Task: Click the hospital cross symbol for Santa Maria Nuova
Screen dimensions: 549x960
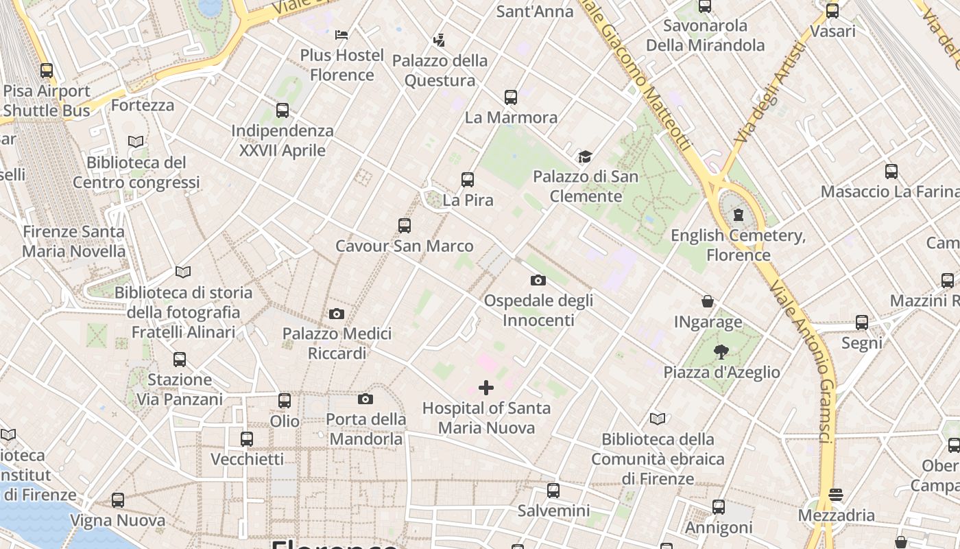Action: coord(486,388)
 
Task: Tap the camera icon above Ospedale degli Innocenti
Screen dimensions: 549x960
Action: coord(538,280)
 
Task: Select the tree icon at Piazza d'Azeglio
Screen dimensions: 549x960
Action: coord(721,353)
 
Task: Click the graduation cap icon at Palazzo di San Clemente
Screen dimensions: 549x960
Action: coord(584,157)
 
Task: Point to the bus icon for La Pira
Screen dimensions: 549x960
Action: coord(468,180)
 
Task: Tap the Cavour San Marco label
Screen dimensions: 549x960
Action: coord(404,246)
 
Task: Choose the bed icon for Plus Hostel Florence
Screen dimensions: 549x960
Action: coord(341,34)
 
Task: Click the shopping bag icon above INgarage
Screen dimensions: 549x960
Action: coord(708,301)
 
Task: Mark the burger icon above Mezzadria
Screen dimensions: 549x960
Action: coord(835,495)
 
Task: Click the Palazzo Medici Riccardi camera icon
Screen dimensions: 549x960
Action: coord(336,314)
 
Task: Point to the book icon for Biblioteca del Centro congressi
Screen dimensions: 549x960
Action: coord(136,142)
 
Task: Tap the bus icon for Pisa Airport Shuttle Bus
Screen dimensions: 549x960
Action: coord(47,70)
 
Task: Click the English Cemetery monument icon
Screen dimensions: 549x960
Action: coord(738,215)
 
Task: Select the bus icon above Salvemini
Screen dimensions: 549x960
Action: coord(553,491)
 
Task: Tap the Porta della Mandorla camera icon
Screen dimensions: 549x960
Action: coord(365,399)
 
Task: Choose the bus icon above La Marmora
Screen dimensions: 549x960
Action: coord(511,97)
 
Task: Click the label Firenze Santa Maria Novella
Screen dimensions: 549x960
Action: coord(74,241)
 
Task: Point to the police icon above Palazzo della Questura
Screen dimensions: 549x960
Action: coord(439,40)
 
